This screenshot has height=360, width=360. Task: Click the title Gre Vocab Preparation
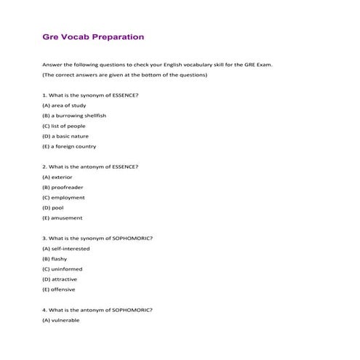[x=93, y=36]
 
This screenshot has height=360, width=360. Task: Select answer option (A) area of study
[x=64, y=105]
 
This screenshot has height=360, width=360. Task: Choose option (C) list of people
[x=64, y=125]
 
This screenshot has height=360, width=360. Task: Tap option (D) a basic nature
[x=67, y=135]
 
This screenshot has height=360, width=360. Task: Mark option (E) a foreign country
[x=69, y=145]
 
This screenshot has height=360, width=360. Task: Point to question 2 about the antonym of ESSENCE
[x=91, y=167]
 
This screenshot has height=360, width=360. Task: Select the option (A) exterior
[x=57, y=177]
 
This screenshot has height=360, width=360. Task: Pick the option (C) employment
[x=63, y=197]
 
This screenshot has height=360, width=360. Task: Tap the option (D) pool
[x=53, y=207]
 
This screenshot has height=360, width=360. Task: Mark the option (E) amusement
[x=63, y=217]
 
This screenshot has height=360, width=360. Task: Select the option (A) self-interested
[x=66, y=248]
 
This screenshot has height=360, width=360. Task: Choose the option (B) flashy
[x=56, y=258]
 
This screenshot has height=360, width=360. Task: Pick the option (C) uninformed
[x=63, y=268]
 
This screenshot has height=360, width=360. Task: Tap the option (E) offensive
[x=60, y=289]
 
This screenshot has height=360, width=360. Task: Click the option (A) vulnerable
[x=61, y=320]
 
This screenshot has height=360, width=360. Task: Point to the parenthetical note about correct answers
[x=125, y=74]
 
